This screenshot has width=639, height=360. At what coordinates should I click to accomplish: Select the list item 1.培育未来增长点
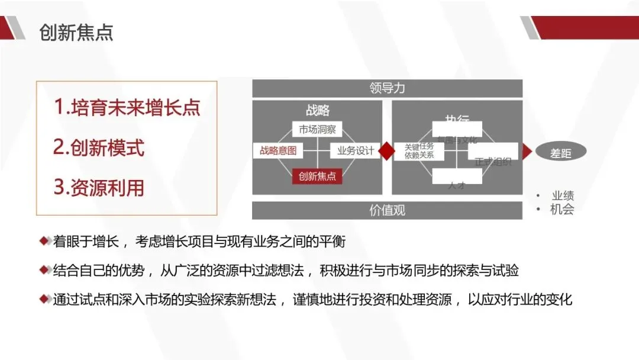click(x=127, y=107)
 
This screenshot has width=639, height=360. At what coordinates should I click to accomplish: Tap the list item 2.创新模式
click(x=99, y=147)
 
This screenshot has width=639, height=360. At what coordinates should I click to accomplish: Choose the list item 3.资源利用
click(x=99, y=188)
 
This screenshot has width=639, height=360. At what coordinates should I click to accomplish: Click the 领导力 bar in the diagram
click(x=387, y=88)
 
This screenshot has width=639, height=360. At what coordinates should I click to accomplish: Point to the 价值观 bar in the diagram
click(x=387, y=210)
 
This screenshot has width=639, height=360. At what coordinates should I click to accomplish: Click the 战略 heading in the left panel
click(x=318, y=110)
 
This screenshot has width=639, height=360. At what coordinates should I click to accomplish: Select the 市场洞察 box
click(x=318, y=130)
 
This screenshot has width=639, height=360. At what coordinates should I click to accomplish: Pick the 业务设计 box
click(x=355, y=151)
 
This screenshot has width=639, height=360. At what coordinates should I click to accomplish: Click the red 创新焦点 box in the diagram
click(x=317, y=176)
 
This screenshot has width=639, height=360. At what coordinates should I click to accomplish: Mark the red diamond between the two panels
click(x=387, y=151)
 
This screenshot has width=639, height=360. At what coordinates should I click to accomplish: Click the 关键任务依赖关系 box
click(x=419, y=151)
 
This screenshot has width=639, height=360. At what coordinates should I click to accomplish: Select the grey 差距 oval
click(x=561, y=153)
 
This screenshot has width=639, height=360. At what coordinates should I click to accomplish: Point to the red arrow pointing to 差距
click(x=526, y=152)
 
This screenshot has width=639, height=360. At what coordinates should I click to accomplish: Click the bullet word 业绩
click(x=563, y=196)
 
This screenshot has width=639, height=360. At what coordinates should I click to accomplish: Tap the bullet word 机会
click(x=562, y=209)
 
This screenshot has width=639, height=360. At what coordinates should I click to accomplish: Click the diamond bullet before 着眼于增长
click(x=44, y=241)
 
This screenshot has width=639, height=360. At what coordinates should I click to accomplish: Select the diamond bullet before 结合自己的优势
click(x=44, y=271)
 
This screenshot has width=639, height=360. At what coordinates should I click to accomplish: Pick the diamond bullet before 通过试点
click(x=44, y=300)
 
